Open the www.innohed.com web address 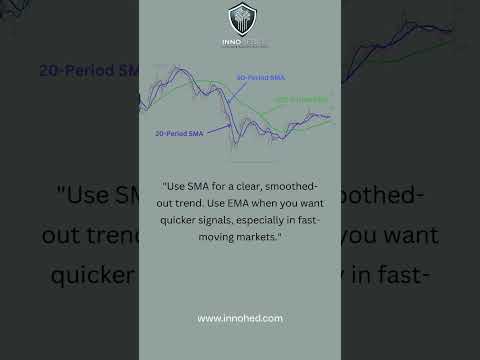pyautogui.click(x=240, y=318)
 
